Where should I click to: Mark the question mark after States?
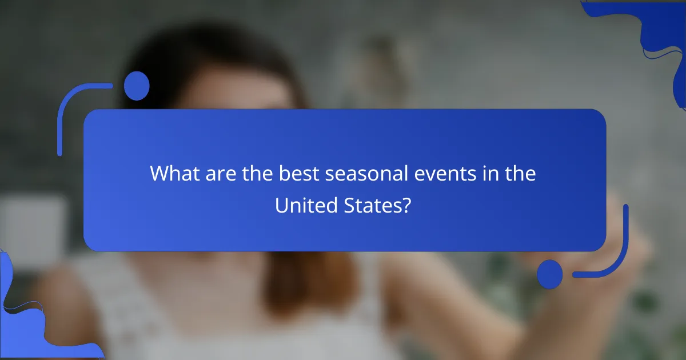click(406, 205)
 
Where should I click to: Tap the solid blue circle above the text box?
click(137, 86)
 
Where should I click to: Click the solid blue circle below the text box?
click(550, 274)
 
